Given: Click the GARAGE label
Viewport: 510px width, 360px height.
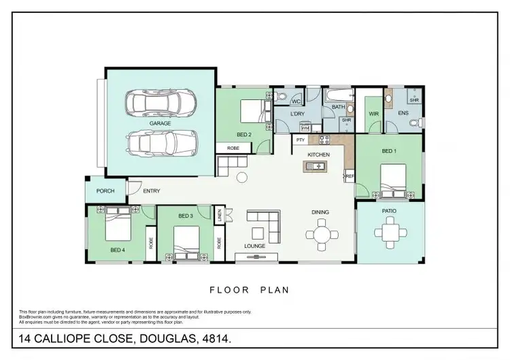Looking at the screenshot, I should (160, 123).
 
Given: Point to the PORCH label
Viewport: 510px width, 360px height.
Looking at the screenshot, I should (105, 191).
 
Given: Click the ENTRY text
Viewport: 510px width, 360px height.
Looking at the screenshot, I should (152, 191).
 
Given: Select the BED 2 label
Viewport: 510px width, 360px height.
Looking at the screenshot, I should (245, 134).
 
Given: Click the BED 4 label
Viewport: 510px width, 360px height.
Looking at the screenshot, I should (117, 250).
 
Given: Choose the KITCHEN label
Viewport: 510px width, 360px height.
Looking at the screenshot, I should (318, 154).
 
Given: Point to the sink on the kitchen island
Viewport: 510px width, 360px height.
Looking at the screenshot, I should (317, 165).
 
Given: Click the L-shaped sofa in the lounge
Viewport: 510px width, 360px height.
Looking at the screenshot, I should (264, 221).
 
